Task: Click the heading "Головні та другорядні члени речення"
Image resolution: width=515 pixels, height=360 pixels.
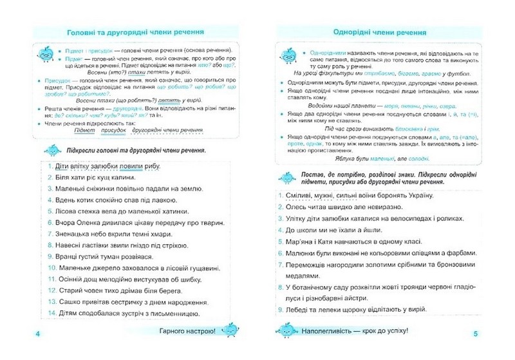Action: coord(136,31)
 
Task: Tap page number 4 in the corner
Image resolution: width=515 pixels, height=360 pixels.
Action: coord(38,334)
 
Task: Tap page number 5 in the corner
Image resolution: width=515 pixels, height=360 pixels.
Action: coord(475,334)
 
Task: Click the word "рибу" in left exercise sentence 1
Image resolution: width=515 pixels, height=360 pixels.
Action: coord(149,166)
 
